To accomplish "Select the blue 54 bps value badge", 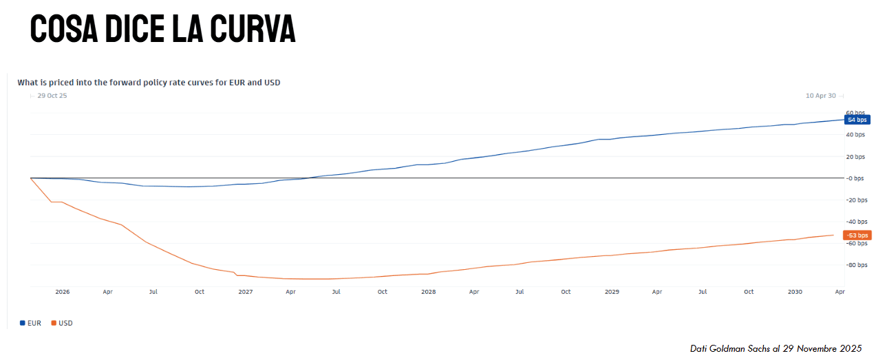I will (857, 120).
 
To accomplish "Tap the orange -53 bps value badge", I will (857, 235).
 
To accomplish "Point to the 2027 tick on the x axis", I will (245, 292).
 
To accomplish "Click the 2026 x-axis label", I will (63, 292).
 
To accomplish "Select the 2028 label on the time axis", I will (428, 292).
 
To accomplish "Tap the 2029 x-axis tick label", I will (612, 292).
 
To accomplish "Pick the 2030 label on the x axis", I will (795, 292).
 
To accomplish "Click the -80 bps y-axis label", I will (856, 265).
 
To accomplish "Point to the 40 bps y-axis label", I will (856, 135).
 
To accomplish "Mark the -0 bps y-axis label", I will (856, 178).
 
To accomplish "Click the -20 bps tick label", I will (856, 200).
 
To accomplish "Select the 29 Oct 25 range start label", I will (52, 96).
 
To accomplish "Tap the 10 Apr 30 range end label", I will (820, 96).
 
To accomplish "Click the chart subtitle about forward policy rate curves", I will (149, 83).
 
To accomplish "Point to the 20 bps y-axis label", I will (856, 157).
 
